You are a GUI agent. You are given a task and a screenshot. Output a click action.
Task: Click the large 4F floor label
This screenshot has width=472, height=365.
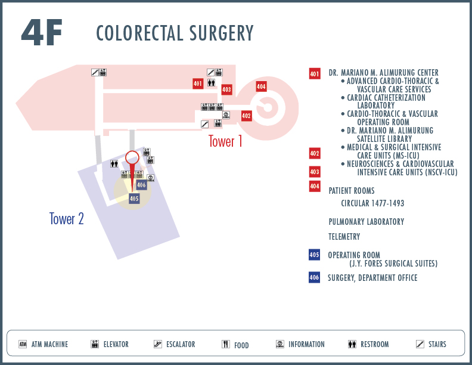click(x=42, y=32)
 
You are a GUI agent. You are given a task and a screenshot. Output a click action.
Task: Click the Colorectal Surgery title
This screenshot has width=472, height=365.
click(x=175, y=33)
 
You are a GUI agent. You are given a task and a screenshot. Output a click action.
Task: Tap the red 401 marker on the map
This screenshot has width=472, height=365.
click(x=198, y=83)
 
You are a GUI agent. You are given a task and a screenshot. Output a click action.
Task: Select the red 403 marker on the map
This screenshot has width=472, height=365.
click(x=226, y=89)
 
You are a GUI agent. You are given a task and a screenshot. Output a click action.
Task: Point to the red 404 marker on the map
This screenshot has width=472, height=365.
click(x=261, y=86)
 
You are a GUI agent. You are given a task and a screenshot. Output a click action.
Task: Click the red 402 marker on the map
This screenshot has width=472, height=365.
click(x=246, y=116)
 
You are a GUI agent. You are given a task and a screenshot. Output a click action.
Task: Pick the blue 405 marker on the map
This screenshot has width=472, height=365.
click(x=134, y=199)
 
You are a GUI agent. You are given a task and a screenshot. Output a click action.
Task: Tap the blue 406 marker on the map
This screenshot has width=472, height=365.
click(x=141, y=185)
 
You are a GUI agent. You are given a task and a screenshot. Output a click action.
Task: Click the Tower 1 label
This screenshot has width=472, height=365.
click(x=225, y=141)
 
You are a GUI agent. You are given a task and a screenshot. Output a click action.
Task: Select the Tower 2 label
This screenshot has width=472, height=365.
click(x=67, y=219)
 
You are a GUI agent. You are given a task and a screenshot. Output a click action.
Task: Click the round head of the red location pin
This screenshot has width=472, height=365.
click(x=132, y=157)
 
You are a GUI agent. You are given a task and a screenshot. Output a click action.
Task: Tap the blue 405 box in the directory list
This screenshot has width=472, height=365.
click(x=314, y=255)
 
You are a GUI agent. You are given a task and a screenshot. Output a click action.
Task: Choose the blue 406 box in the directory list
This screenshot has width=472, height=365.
click(x=314, y=277)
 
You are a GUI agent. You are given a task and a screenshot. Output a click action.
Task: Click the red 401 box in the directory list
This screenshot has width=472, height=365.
click(x=315, y=74)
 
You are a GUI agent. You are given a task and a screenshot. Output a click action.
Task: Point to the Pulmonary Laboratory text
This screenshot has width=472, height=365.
click(x=367, y=222)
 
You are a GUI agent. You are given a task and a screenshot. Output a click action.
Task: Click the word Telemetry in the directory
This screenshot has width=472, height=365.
click(x=344, y=237)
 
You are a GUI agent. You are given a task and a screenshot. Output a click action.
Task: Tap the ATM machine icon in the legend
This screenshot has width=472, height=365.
click(x=23, y=344)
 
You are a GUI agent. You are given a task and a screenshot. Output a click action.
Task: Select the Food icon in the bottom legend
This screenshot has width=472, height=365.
click(x=226, y=344)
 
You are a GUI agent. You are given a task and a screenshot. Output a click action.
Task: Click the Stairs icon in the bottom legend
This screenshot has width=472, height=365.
click(x=420, y=344)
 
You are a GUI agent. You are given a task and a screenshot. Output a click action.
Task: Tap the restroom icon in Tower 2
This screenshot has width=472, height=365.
click(x=114, y=163)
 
